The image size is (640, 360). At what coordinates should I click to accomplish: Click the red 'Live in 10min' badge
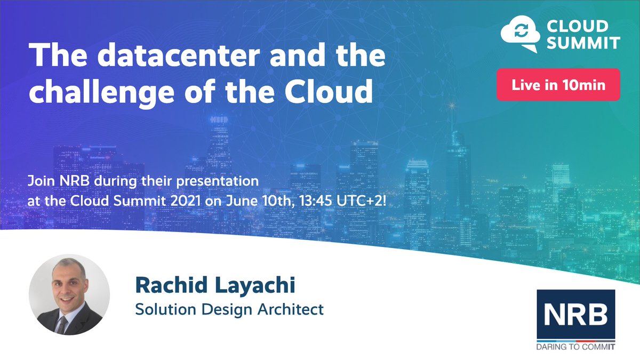coord(558,85)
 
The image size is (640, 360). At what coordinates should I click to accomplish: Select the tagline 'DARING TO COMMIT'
coord(575,347)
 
